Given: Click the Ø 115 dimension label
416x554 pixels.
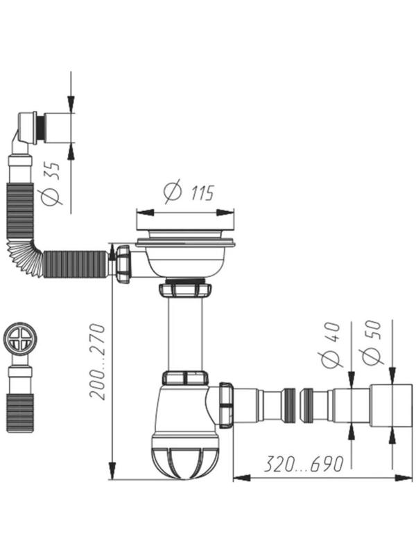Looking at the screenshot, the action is tap(189, 192).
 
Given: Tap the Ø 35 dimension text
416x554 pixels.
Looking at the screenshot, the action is tap(51, 184).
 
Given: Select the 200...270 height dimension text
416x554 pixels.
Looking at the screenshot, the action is tap(98, 361).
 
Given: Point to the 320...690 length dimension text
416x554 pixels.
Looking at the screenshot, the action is tap(304, 464).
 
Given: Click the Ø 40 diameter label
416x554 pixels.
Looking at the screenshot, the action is tap(331, 344).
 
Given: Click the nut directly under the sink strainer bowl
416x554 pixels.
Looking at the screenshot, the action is tap(184, 289).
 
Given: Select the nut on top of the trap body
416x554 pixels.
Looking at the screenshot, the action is tap(184, 378).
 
